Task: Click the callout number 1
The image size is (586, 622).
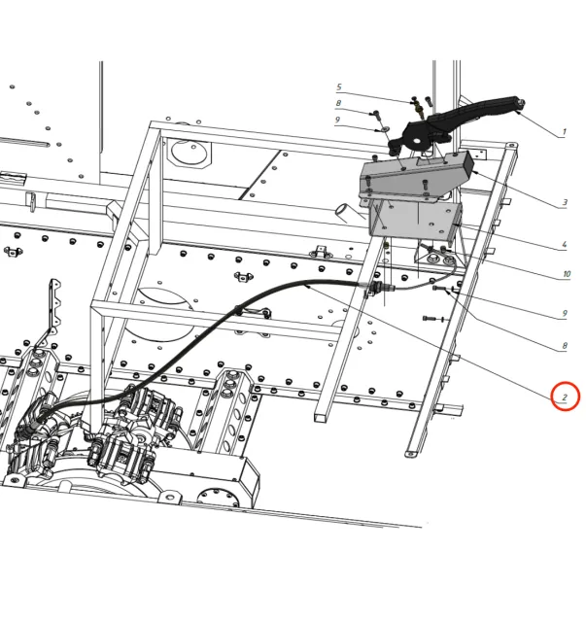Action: [564, 131]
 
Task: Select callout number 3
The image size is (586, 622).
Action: [565, 203]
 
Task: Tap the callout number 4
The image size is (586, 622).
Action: [565, 244]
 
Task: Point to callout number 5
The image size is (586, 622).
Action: [339, 86]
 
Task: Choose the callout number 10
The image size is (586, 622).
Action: [567, 274]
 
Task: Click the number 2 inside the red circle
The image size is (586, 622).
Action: [565, 397]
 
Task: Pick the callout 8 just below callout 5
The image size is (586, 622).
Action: [338, 103]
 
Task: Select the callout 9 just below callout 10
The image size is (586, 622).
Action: [565, 313]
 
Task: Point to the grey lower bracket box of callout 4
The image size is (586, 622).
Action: [415, 220]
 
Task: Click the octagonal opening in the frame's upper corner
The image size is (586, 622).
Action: [190, 153]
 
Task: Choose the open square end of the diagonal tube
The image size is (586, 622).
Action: [322, 416]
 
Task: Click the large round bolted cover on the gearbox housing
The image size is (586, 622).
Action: [217, 497]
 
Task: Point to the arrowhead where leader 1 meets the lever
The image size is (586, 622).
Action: [519, 113]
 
